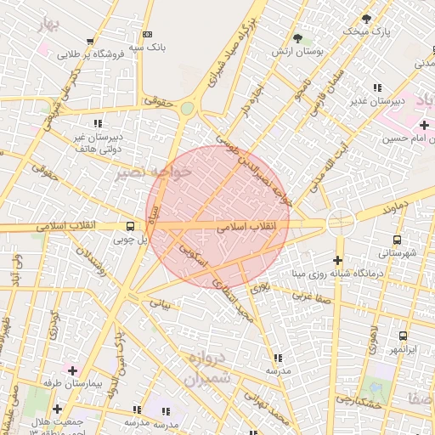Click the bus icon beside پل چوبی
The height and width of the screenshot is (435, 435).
pos(130,226)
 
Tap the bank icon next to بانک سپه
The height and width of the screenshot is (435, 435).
pos(148,34)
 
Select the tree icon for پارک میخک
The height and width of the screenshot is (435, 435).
pos(366,18)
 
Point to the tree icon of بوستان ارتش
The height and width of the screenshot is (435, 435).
pos(297,38)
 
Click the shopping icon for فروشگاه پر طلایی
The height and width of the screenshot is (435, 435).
pos(90,40)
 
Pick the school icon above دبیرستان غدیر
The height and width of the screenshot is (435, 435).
pos(377,88)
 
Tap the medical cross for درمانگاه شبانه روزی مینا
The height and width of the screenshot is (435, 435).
pos(338,260)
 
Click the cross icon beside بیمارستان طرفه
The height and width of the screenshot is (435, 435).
pos(71,371)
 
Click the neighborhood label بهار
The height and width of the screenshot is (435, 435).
pos(50,23)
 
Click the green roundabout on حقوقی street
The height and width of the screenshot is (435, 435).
pos(187,108)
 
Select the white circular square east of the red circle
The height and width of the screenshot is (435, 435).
pos(340,223)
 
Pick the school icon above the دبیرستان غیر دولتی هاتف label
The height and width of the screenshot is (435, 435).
pos(99,122)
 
